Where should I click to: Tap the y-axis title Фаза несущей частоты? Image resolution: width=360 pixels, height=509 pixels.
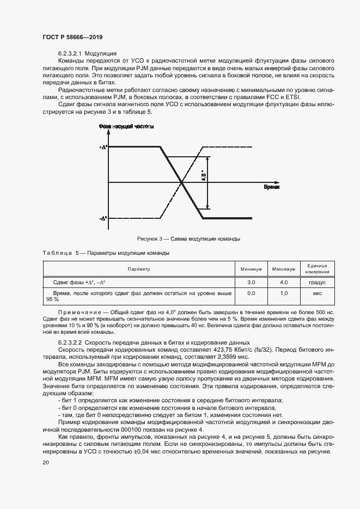coord(126,126)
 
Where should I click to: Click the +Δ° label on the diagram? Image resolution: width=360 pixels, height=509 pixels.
coord(103,148)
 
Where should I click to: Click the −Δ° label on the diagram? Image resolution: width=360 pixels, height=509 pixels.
coord(103,218)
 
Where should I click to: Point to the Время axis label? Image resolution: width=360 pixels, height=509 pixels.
coord(272,187)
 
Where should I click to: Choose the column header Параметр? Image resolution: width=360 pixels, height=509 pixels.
coord(138,269)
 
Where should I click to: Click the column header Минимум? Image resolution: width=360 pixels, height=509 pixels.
coord(251,269)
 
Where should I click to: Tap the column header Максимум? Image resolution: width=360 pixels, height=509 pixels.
coord(283,269)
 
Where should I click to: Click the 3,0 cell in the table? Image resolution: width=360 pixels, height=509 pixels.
coord(251,283)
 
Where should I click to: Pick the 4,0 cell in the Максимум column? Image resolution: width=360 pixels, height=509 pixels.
coord(283,283)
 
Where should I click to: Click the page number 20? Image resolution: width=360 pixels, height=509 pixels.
coord(46,462)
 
